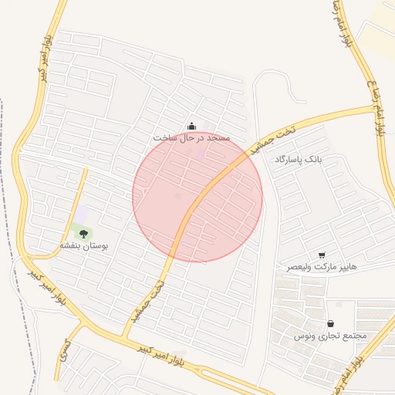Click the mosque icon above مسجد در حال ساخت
(192, 126)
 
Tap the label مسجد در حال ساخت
(191, 137)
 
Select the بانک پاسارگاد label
(296, 160)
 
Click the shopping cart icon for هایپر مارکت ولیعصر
(322, 255)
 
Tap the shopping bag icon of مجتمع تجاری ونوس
(330, 324)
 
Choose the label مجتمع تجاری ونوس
(330, 336)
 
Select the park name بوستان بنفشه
(84, 245)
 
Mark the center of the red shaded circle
(197, 197)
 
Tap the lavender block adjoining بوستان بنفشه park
(81, 212)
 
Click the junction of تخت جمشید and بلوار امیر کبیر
(125, 337)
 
